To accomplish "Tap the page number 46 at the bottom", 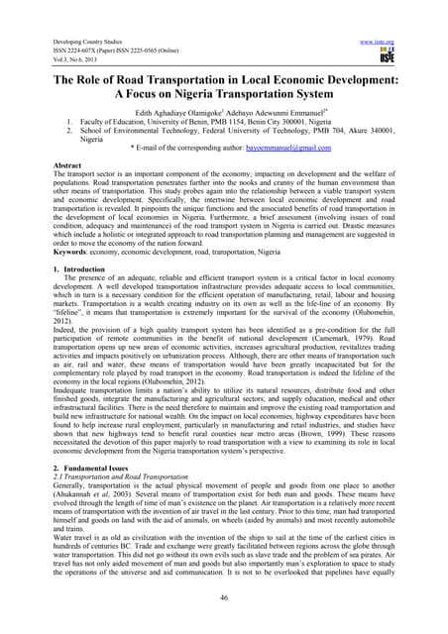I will (x=224, y=598).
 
